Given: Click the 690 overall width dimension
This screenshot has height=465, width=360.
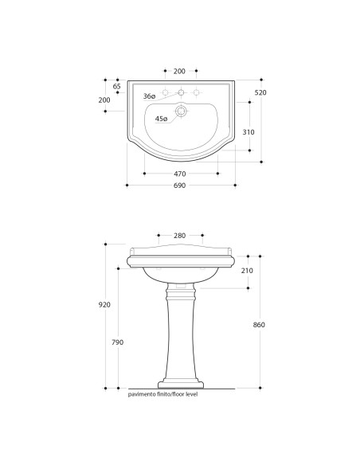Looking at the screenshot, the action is tap(180, 186).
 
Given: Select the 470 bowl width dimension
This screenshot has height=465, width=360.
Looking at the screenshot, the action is tap(180, 174).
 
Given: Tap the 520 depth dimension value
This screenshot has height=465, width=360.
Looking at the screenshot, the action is tap(260, 92).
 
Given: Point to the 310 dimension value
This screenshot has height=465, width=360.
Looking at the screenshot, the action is tap(248, 132).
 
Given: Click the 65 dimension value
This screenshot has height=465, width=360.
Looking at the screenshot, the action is tap(117, 86).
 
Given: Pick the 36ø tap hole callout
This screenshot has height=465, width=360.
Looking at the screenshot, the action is tap(149, 96).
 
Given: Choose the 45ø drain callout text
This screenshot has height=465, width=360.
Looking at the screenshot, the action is tap(162, 119).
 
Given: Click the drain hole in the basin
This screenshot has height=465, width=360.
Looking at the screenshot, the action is tap(181, 111).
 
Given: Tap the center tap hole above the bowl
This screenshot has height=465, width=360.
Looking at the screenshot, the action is tap(181, 92).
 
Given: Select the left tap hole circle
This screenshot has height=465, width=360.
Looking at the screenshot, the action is tap(165, 92).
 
